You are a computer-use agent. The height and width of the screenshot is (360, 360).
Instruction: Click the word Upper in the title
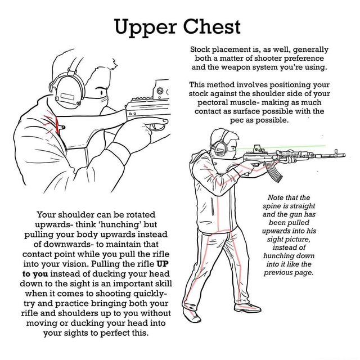[145, 26]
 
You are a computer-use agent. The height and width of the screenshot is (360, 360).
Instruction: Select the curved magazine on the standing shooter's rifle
[274, 172]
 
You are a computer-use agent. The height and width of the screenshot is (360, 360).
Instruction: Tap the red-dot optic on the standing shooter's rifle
[257, 148]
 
